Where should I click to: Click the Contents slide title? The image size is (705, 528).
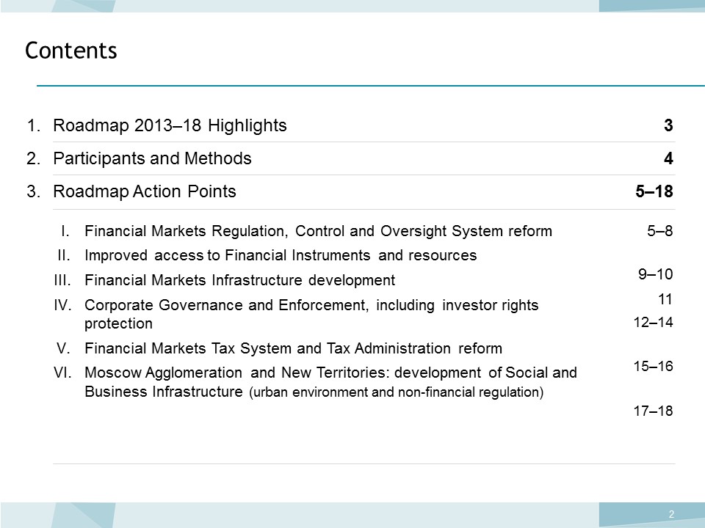pos(71,51)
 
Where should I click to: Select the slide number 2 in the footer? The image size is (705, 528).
pos(671,515)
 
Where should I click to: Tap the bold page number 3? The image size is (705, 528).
pos(668,125)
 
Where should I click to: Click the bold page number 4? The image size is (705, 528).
pos(668,158)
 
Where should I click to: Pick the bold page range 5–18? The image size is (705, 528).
pos(654,191)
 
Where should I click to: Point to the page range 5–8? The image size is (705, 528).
pos(660,231)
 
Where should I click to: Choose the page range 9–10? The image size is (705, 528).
pos(656,274)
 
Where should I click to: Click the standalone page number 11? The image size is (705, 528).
pos(665,299)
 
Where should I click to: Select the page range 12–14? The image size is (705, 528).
pos(654,322)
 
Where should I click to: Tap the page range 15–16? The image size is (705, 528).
pos(654,366)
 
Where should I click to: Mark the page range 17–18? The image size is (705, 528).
pos(654,411)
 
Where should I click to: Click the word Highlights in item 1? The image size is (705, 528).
pos(247,125)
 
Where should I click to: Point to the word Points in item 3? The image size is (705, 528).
pos(211,191)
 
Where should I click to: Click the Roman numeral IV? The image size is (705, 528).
pos(62,305)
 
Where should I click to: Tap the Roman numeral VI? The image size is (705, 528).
pos(62,373)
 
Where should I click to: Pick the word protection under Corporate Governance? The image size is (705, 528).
pos(119,323)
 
